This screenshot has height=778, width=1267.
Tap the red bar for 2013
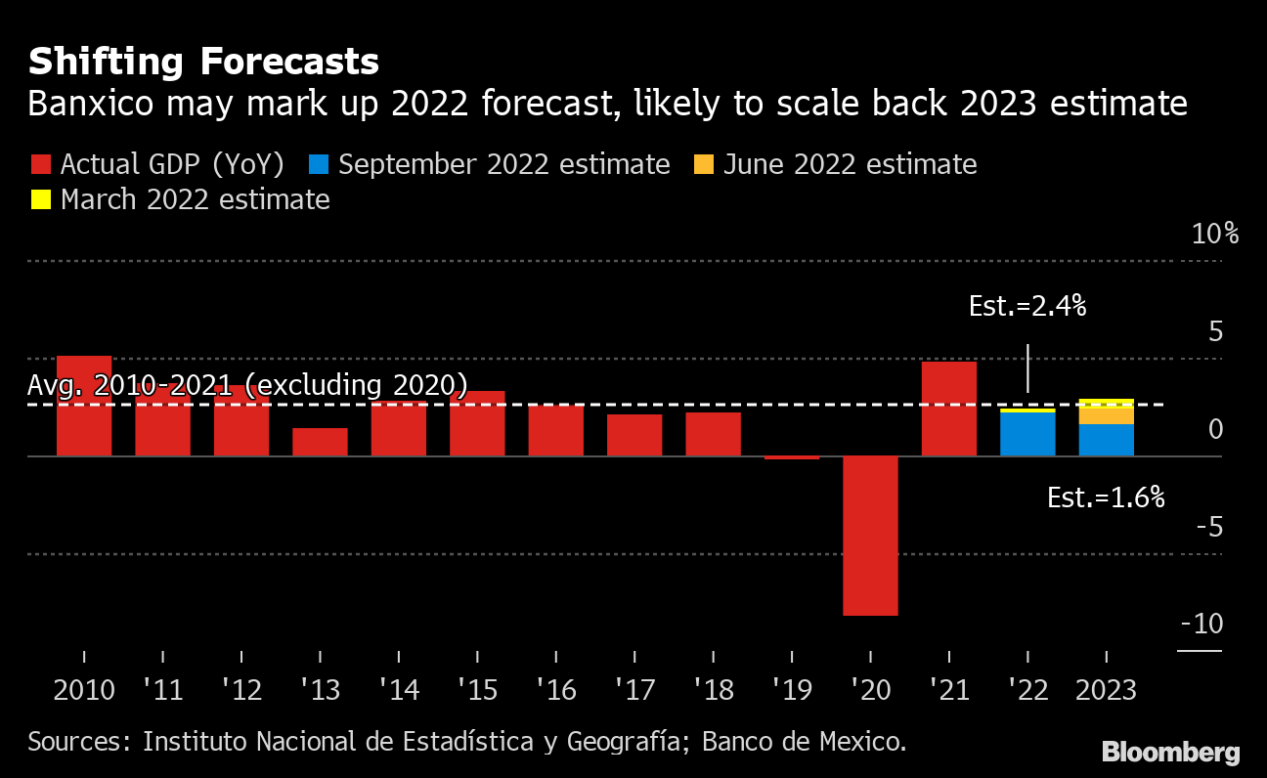click(320, 442)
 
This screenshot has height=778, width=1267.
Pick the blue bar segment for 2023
click(1106, 440)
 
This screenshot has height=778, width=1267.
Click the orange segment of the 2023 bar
click(1106, 415)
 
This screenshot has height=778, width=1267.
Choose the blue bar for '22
click(1027, 434)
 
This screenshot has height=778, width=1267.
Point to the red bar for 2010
click(84, 406)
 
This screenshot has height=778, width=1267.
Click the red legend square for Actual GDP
click(40, 164)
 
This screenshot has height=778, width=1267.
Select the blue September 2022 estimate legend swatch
click(318, 164)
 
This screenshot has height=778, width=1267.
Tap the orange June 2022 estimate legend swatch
click(703, 164)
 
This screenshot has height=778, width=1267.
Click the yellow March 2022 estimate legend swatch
click(40, 200)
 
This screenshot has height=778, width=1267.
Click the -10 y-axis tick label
click(1201, 624)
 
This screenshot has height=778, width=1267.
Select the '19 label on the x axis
click(792, 690)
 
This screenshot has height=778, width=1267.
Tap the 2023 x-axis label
click(1106, 690)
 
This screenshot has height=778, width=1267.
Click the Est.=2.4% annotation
click(1027, 306)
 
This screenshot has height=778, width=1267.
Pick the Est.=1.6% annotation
click(1106, 497)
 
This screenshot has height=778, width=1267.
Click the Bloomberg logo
click(1170, 752)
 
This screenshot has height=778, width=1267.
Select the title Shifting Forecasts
click(203, 63)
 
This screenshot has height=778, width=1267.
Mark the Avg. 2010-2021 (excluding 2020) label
click(247, 385)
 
